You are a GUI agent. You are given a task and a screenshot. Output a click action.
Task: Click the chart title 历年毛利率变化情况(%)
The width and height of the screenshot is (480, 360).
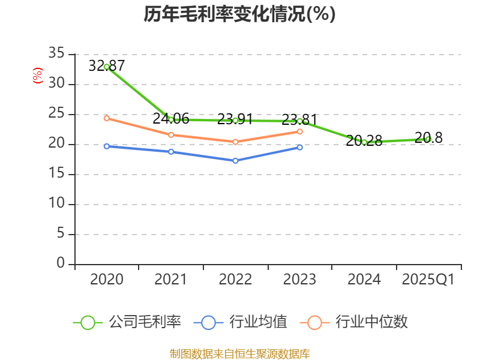click(x=239, y=14)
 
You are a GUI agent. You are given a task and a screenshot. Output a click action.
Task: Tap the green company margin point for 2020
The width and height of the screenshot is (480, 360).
click(x=106, y=67)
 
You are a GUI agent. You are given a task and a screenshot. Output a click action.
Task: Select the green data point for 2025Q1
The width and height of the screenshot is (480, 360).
click(x=428, y=139)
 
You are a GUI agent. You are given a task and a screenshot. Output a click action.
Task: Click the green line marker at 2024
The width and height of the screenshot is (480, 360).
click(x=364, y=142)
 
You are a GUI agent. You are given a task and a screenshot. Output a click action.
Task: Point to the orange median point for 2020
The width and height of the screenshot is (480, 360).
click(x=106, y=118)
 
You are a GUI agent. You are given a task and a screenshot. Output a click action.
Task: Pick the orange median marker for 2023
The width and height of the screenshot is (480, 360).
click(x=300, y=131)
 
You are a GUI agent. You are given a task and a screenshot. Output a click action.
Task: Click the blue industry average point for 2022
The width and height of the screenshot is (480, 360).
click(x=235, y=161)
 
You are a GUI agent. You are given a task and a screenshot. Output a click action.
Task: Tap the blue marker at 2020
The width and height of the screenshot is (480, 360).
click(x=106, y=146)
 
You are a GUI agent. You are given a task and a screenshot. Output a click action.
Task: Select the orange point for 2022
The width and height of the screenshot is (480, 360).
click(x=235, y=142)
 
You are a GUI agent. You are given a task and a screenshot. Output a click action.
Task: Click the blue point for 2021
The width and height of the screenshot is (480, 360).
click(x=171, y=152)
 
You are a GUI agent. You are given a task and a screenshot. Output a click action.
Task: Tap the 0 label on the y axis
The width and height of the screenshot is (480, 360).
click(x=60, y=264)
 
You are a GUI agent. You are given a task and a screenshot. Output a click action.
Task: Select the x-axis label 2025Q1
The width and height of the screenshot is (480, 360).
click(x=428, y=280)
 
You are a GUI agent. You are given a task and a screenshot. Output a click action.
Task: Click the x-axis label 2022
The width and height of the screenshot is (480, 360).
click(x=235, y=280)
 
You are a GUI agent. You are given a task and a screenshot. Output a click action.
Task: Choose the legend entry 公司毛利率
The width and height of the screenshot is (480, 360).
click(x=127, y=322)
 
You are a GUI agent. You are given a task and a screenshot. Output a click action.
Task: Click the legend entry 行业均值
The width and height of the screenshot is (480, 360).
click(x=241, y=322)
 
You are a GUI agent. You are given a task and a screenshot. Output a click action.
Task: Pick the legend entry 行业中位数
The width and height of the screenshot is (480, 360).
click(x=358, y=322)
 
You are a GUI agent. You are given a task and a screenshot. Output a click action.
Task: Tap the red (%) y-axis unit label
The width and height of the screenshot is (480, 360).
click(x=38, y=76)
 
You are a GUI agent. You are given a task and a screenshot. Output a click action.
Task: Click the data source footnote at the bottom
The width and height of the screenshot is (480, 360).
click(x=239, y=353)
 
